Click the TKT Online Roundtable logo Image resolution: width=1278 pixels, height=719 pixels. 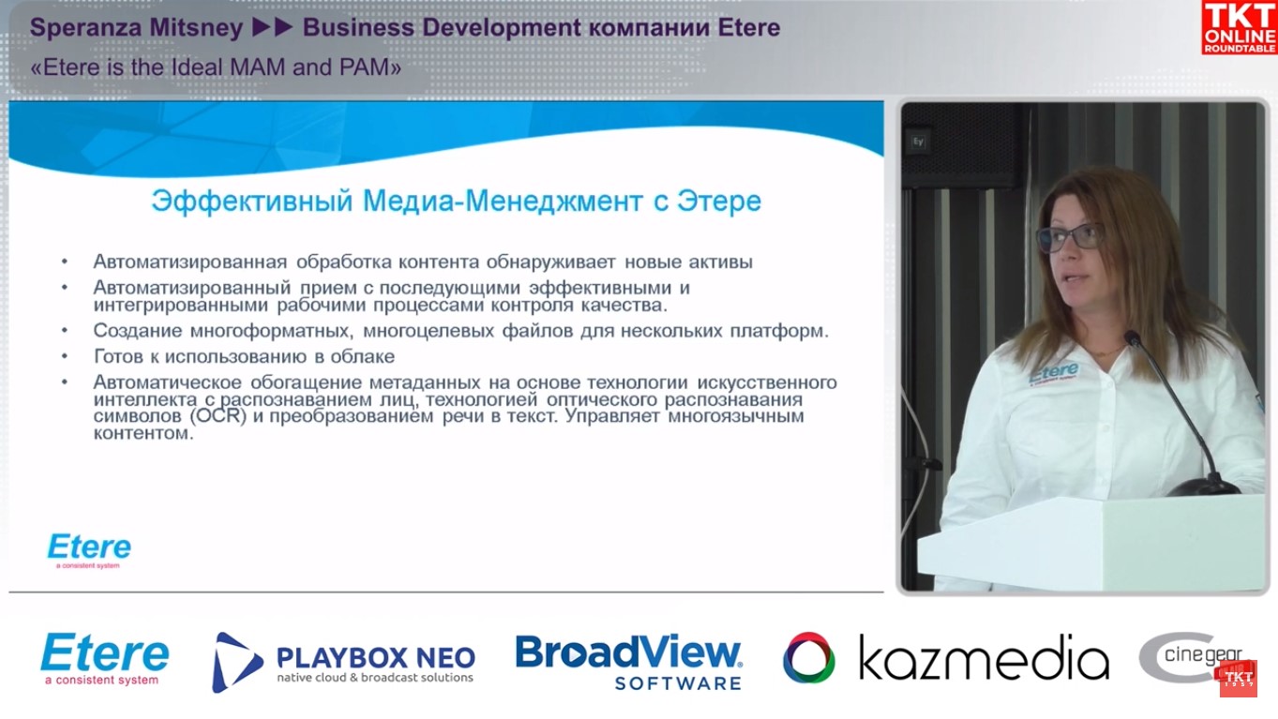click(x=1239, y=27)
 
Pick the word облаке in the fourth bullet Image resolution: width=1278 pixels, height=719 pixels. click(x=364, y=357)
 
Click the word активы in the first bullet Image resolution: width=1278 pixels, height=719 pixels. click(x=719, y=262)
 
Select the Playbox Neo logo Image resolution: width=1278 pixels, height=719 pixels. click(x=343, y=662)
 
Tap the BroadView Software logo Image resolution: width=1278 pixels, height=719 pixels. click(x=628, y=662)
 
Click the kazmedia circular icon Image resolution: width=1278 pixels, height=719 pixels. click(x=808, y=658)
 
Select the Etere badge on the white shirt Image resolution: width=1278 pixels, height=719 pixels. click(x=1053, y=372)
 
